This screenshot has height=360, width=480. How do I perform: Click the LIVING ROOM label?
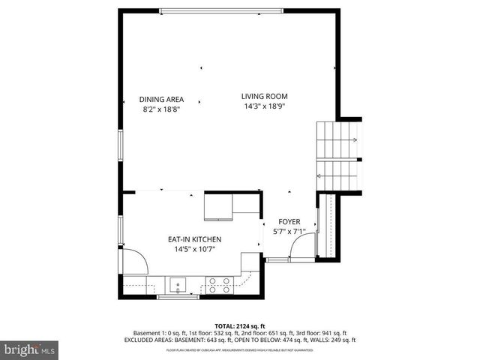click(264, 96)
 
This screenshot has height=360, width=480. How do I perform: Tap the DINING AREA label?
click(161, 99)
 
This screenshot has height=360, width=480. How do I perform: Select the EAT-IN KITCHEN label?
click(194, 239)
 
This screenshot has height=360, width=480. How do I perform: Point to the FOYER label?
click(289, 222)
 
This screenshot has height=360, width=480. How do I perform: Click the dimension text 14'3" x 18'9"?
click(264, 106)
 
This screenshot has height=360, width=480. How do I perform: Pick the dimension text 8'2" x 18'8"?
click(161, 109)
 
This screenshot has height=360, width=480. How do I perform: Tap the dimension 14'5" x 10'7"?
click(194, 250)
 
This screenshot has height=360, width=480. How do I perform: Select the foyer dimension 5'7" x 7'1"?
click(289, 232)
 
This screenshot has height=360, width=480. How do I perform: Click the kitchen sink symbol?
click(178, 284)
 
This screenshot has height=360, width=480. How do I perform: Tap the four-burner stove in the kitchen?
click(219, 284)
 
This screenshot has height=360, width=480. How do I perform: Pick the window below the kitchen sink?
click(178, 297)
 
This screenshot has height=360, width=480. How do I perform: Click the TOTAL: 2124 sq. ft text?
click(240, 325)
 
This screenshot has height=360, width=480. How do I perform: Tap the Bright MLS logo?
click(30, 349)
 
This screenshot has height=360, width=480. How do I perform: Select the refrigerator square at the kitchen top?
click(218, 206)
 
